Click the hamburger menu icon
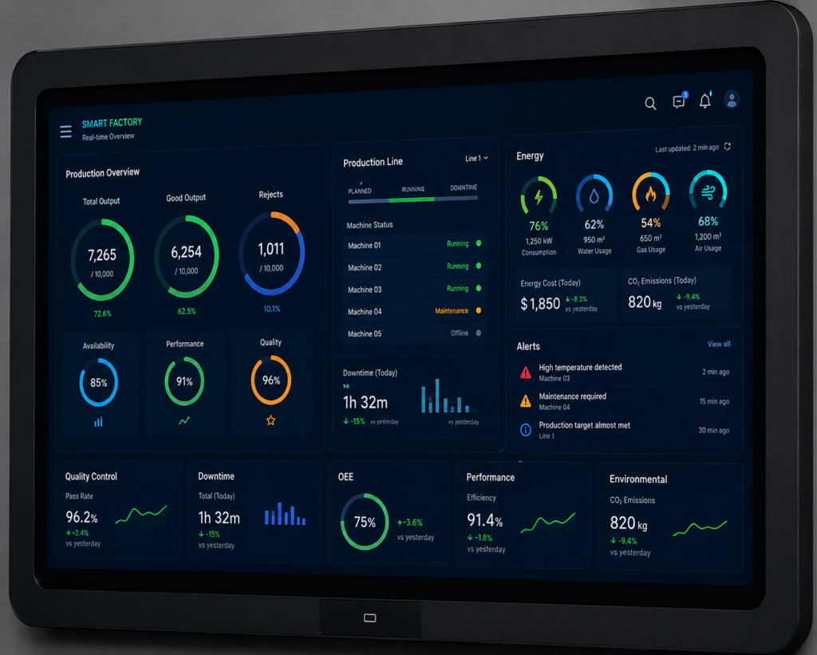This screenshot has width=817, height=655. click(65, 132)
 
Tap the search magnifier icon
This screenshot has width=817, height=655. click(650, 103)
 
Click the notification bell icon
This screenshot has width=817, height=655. click(705, 101)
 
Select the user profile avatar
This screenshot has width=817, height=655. click(732, 99)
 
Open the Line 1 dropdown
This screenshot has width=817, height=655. click(476, 158)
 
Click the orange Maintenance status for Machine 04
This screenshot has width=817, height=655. click(452, 311)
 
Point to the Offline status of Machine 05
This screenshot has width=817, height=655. click(459, 333)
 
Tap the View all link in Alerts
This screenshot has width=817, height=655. click(719, 344)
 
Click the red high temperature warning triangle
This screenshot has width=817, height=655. click(525, 373)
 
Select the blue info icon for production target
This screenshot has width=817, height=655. click(525, 430)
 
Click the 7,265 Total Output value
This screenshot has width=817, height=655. click(102, 255)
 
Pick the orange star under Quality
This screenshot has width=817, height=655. click(271, 420)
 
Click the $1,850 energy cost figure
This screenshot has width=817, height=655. click(540, 303)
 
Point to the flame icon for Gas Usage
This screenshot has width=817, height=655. click(650, 195)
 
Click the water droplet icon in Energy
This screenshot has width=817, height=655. click(594, 196)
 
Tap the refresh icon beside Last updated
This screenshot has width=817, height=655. click(728, 147)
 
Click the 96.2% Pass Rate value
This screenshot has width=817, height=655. click(81, 517)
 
